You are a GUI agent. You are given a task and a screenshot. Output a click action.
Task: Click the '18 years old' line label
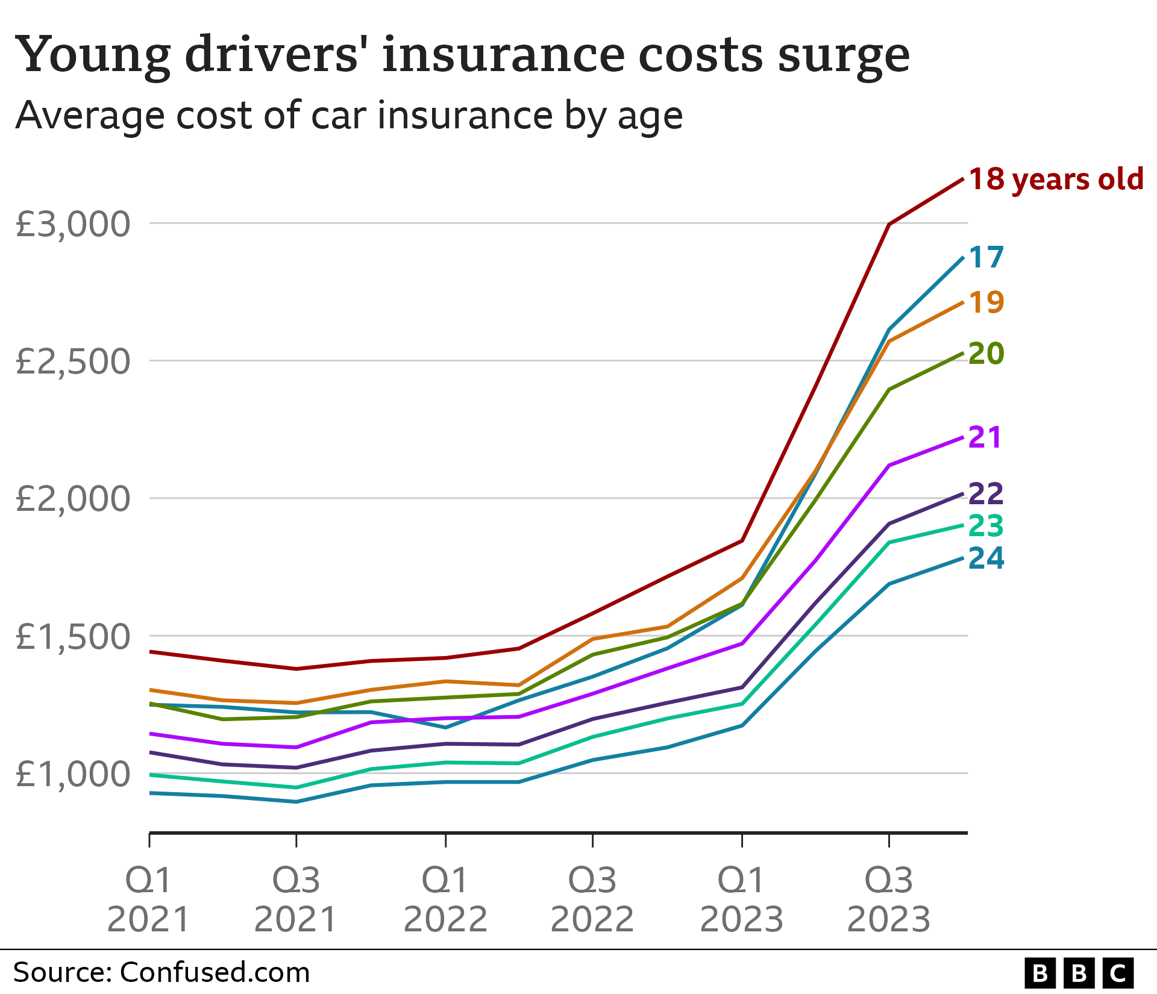[1056, 180]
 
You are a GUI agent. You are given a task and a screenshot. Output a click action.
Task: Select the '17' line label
[986, 257]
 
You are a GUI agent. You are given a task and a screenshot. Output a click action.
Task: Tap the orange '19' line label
[986, 302]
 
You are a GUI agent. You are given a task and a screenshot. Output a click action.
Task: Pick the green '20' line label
[986, 353]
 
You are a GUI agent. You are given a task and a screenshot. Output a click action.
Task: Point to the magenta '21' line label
[985, 437]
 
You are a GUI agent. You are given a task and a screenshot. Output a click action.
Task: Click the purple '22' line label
[986, 494]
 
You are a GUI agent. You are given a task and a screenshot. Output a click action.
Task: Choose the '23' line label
[986, 526]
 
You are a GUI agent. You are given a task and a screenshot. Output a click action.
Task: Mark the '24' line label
[986, 558]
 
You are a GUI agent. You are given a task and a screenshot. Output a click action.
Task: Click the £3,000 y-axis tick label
[73, 224]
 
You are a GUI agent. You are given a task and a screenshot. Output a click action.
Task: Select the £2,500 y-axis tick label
[73, 361]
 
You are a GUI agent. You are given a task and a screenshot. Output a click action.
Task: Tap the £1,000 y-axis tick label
[73, 774]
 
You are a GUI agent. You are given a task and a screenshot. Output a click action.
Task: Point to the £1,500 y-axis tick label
[73, 637]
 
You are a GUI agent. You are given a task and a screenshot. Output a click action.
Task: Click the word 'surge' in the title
[844, 55]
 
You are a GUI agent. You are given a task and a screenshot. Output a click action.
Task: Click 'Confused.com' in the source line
[215, 972]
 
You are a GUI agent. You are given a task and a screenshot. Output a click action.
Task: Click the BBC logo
[1079, 973]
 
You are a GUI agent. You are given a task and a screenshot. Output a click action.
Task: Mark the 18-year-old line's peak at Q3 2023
[889, 224]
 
